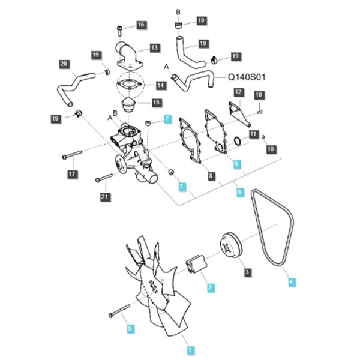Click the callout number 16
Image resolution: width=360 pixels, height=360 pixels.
141,25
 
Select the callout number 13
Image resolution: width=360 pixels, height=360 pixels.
155,48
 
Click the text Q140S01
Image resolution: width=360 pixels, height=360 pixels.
247,77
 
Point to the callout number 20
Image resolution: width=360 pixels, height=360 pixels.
64,64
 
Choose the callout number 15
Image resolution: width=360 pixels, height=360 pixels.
156,103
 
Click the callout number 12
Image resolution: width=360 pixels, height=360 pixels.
238,92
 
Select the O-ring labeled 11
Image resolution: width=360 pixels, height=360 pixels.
238,141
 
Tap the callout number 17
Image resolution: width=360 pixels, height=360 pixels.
72,174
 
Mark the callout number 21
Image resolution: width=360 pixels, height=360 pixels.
104,197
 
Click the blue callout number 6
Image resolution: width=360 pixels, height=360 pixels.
239,192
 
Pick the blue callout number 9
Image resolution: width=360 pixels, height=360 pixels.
236,164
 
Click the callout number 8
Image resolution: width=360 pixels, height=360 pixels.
211,176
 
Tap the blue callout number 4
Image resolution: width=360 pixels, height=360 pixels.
291,282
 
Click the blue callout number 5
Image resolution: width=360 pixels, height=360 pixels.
130,329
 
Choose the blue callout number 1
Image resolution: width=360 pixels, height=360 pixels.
190,350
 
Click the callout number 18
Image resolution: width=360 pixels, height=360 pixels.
203,43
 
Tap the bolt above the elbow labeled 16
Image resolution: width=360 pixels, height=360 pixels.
119,31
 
